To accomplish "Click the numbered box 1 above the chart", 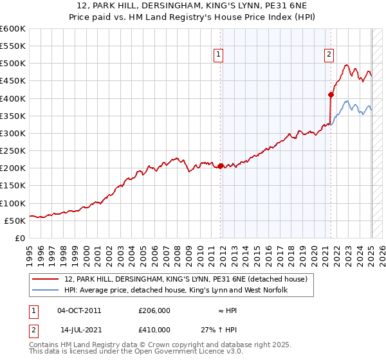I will [x=219, y=55].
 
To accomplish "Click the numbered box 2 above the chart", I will [x=329, y=55].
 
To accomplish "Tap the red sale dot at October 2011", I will [x=221, y=166].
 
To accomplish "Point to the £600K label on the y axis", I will [x=13, y=29].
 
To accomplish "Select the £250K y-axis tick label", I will [x=13, y=150].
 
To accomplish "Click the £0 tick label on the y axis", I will [x=19, y=238].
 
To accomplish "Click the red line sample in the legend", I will [x=46, y=279].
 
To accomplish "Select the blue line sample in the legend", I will [x=46, y=291].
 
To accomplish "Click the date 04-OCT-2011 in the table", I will [x=80, y=310].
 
